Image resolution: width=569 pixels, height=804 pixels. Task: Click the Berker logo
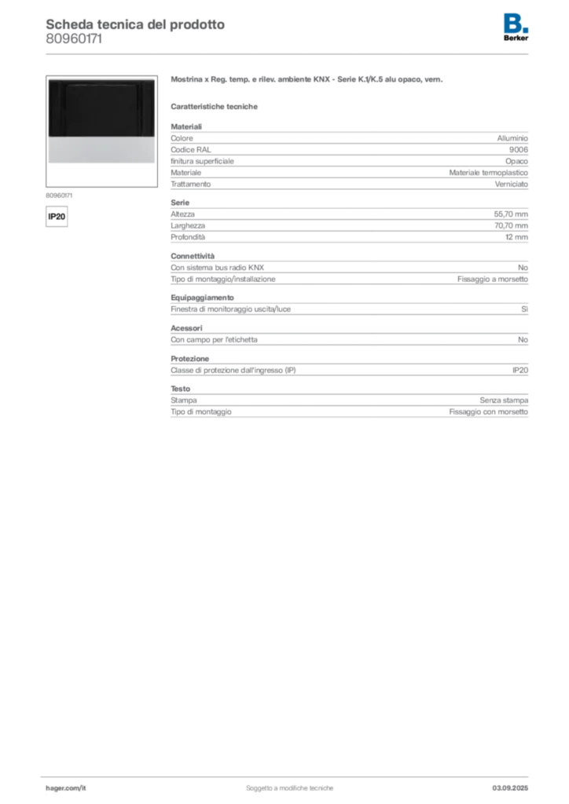pos(516,27)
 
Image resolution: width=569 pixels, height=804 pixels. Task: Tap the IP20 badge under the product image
pos(57,217)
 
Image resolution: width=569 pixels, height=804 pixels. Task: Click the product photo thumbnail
pos(101,131)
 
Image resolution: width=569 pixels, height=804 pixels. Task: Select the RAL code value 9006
pos(518,150)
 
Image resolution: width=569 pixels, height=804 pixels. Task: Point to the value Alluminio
pos(512,138)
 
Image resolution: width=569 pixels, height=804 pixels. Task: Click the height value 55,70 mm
pos(511,214)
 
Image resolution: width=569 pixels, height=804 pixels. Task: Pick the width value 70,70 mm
pos(511,225)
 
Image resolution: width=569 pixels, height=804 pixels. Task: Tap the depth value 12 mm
pos(516,237)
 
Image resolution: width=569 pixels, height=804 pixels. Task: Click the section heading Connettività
pos(193,256)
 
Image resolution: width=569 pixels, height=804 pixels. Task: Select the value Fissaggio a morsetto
pos(493,279)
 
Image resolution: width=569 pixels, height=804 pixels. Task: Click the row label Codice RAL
pos(191,150)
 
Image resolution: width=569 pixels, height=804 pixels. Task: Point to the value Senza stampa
pos(504,400)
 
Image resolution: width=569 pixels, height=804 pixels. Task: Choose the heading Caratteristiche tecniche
pos(214,107)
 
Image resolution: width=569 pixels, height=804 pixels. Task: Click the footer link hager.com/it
pos(66,788)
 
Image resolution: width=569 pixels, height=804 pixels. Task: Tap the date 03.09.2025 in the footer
pos(510,788)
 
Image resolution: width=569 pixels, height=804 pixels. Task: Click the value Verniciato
pos(511,184)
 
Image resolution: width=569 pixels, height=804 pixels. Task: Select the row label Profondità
pos(188,237)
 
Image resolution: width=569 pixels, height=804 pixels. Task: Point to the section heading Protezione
pos(190,358)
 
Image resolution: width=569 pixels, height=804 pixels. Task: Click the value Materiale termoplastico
pos(489,173)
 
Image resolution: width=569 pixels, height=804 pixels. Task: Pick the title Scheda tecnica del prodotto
pos(135,24)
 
